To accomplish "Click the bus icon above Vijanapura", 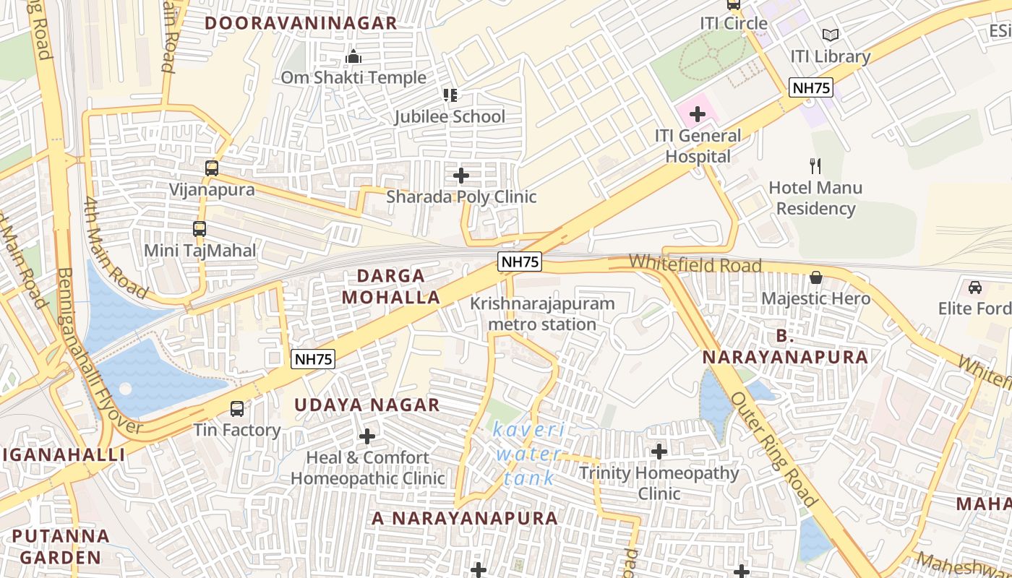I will click(211, 168).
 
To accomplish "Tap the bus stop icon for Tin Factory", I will click(236, 409).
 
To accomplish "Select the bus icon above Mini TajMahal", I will click(200, 229).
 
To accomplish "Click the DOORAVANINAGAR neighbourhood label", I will click(301, 23).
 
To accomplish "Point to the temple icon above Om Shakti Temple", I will click(353, 56).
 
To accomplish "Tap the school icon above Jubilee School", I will click(450, 95).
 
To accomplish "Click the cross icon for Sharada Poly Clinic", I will click(460, 176).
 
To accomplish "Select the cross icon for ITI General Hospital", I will click(698, 114).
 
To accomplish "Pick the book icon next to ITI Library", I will click(831, 35).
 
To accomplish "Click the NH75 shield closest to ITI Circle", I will click(811, 88).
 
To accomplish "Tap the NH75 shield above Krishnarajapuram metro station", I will click(519, 262).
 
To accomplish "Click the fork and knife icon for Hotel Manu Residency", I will click(815, 166).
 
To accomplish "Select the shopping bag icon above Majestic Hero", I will click(816, 277).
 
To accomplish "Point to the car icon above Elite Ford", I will click(975, 287).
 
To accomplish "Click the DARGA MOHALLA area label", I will click(391, 286).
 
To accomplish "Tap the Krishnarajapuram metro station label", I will click(542, 314).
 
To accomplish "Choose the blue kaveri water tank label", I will click(529, 454).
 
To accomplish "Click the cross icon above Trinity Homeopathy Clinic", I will click(659, 452).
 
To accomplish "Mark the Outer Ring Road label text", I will click(773, 449).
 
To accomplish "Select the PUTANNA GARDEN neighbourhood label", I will click(61, 547).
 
